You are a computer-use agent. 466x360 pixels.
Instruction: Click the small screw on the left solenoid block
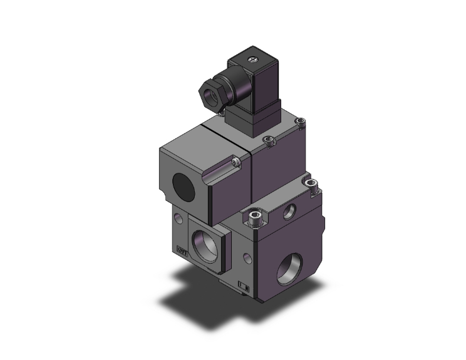tap(236, 163)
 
